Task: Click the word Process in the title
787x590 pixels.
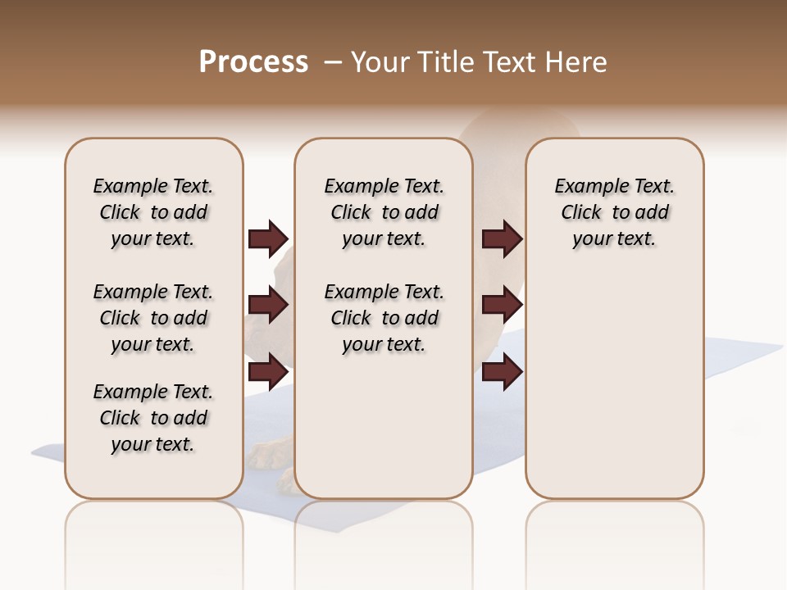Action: point(253,62)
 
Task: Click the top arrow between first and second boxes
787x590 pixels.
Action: point(268,239)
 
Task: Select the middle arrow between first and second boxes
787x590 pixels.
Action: point(268,306)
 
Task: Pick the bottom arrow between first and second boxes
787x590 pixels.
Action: point(268,372)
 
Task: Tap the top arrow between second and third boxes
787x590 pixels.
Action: point(503,239)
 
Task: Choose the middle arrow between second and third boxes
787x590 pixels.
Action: point(503,306)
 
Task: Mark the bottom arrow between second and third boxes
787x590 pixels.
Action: point(503,372)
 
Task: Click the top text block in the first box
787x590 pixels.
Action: point(153,212)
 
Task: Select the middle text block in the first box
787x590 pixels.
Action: point(153,318)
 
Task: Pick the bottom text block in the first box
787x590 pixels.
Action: point(153,418)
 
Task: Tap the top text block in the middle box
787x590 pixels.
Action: point(384,212)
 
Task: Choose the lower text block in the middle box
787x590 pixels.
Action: point(384,318)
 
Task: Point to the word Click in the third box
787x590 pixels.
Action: point(581,213)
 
